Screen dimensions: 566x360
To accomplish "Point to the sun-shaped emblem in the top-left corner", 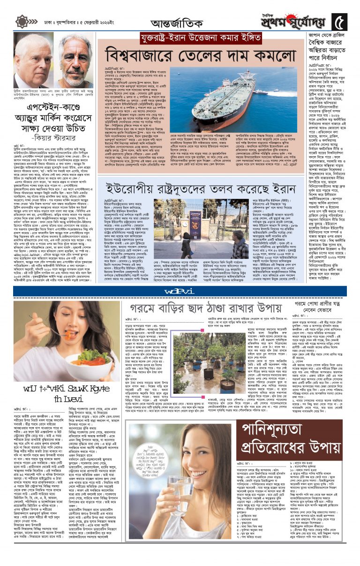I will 22,22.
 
